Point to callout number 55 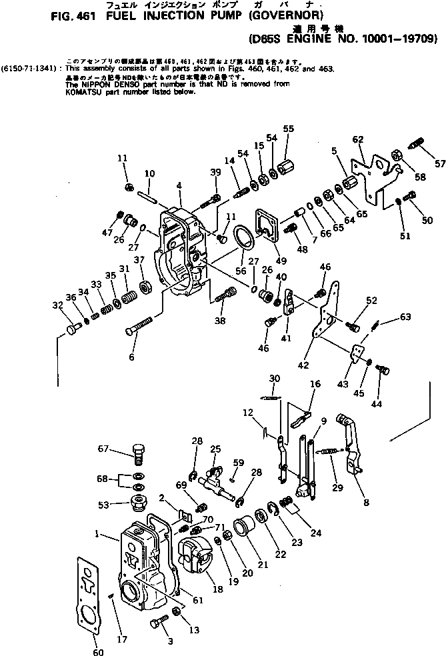pos(288,128)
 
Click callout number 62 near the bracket pos(358,139)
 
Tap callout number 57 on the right pos(439,163)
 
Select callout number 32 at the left pos(59,305)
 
